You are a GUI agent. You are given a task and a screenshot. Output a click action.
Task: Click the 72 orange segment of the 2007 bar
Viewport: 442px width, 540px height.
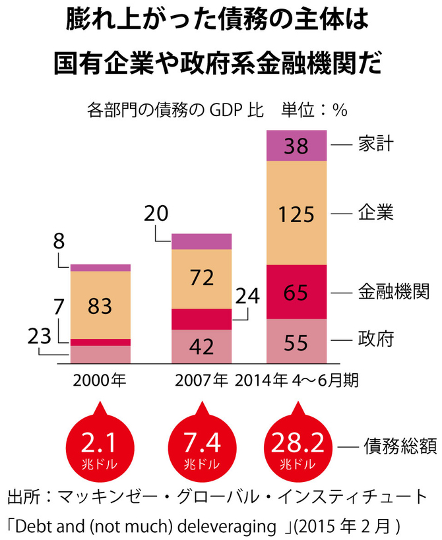pyautogui.click(x=201, y=278)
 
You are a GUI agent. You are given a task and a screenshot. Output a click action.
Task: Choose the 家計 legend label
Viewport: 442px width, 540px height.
pyautogui.click(x=377, y=143)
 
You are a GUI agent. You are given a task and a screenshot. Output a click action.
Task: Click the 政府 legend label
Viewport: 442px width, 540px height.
pyautogui.click(x=377, y=340)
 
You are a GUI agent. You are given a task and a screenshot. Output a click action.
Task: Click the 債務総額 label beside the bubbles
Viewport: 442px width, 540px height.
pyautogui.click(x=400, y=447)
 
